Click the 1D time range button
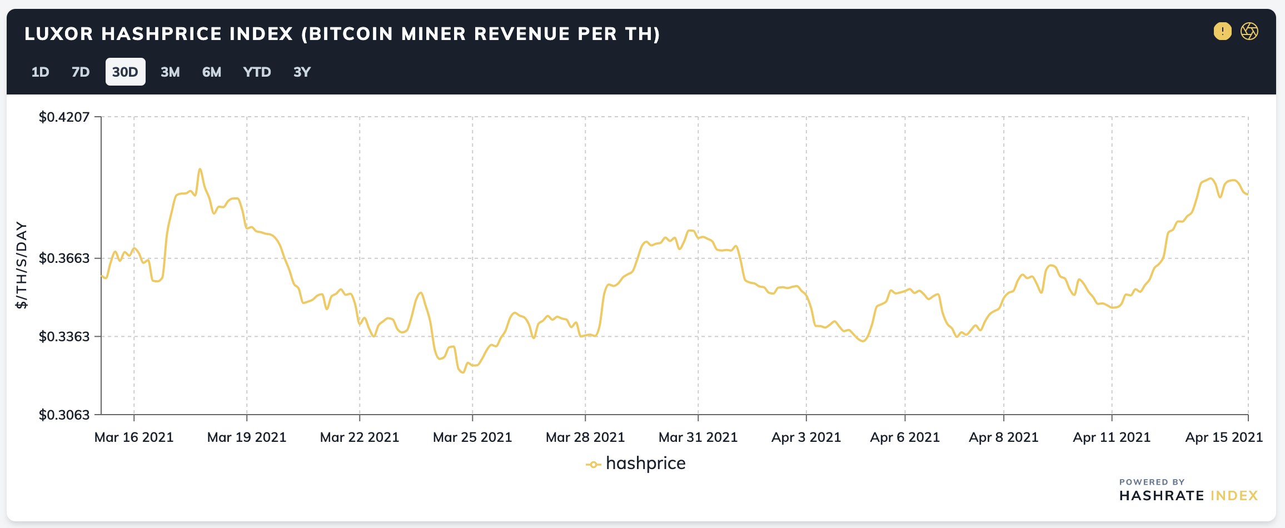tap(41, 72)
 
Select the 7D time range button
tap(81, 72)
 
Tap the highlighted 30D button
tap(126, 72)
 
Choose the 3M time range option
tap(170, 72)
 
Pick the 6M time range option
tap(212, 72)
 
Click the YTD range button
tap(257, 72)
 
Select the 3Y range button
tap(302, 72)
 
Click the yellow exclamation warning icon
tap(1223, 31)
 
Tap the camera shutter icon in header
tap(1249, 31)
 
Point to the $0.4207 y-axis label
tap(64, 117)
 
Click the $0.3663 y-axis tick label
tap(64, 258)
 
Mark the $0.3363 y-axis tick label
tap(64, 336)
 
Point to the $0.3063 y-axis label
tap(64, 415)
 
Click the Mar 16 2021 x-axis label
tap(134, 437)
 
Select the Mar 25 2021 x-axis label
tap(472, 437)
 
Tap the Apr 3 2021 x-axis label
tap(806, 437)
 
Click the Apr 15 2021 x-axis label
tap(1224, 437)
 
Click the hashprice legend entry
tap(636, 464)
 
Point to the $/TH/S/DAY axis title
tap(21, 265)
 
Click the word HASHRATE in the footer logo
tap(1162, 496)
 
